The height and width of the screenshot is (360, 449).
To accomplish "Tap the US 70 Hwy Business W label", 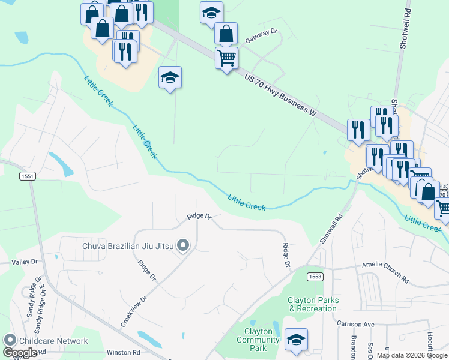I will (x=280, y=94).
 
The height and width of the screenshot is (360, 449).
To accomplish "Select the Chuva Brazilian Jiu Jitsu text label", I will (x=128, y=245).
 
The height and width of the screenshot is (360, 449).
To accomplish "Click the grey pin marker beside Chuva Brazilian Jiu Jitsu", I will (x=184, y=245).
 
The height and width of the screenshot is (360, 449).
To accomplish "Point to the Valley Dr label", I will (x=25, y=262).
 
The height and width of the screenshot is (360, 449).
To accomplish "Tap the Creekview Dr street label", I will (x=134, y=311).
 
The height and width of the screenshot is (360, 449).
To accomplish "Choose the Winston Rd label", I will (x=123, y=352).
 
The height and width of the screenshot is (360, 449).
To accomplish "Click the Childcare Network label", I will (x=53, y=341).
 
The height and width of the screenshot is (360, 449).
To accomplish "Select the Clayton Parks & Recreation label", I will (x=313, y=304).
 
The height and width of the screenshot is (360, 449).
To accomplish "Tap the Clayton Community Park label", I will (x=258, y=340).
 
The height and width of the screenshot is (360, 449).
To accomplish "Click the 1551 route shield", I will (x=27, y=176).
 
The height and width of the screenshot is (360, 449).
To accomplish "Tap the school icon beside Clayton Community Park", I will (x=296, y=339).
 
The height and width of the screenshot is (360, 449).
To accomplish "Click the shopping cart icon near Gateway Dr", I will (x=227, y=58).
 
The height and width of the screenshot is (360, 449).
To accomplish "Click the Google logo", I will (x=20, y=353).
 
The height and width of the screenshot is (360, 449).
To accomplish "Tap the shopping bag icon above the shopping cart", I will (x=226, y=34).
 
